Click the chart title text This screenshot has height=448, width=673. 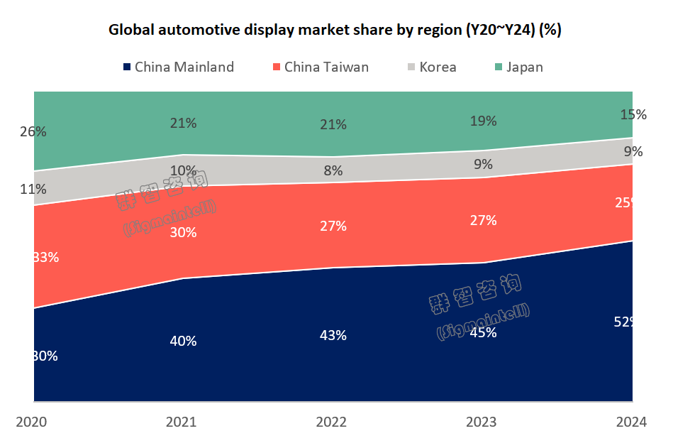coord(335,31)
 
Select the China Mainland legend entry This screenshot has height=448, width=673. coord(178,67)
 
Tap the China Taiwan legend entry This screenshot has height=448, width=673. coord(320,67)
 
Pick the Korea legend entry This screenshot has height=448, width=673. coord(431,67)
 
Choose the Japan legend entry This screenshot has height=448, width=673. coord(518,67)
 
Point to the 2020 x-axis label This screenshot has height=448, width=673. coord(31,422)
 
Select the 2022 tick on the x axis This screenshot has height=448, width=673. coord(331,422)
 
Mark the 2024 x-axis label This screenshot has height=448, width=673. coord(631,422)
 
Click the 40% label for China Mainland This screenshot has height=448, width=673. coord(183,341)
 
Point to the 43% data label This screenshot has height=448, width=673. coord(333,335)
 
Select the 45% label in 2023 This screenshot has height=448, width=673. coord(483,332)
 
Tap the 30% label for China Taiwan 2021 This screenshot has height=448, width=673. coord(183,232)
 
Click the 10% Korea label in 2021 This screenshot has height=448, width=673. coord(183,170)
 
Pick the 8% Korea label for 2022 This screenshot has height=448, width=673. coord(333,170)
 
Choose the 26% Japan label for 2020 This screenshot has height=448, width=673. coord(33,131)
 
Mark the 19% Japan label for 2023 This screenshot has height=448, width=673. coord(483,121)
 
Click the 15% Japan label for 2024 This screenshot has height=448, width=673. coord(633,114)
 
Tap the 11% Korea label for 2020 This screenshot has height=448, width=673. coord(33,189)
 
